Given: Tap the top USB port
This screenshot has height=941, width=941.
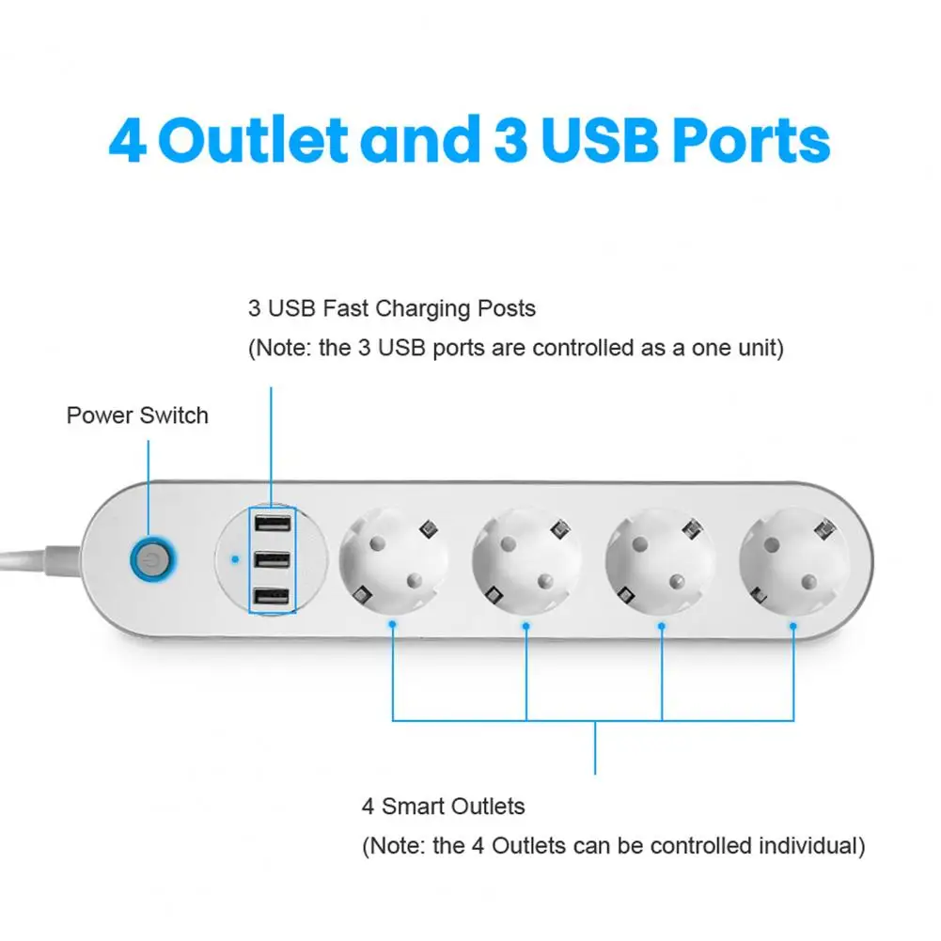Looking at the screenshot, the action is point(271,525).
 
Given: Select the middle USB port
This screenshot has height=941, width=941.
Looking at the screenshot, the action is point(271,560).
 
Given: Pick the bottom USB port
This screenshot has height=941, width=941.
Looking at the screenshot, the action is point(271,596).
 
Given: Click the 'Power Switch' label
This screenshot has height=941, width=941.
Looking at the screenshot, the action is point(137,416).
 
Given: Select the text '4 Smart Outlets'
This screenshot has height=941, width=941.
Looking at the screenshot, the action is point(444,807).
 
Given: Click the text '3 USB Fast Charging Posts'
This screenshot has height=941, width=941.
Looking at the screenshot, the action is point(392,308).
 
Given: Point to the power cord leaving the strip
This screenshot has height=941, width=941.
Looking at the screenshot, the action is point(38,555).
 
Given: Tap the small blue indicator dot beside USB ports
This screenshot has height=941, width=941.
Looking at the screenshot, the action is point(233,560).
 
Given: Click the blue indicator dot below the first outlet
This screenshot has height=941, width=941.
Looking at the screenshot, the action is point(392,623).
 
